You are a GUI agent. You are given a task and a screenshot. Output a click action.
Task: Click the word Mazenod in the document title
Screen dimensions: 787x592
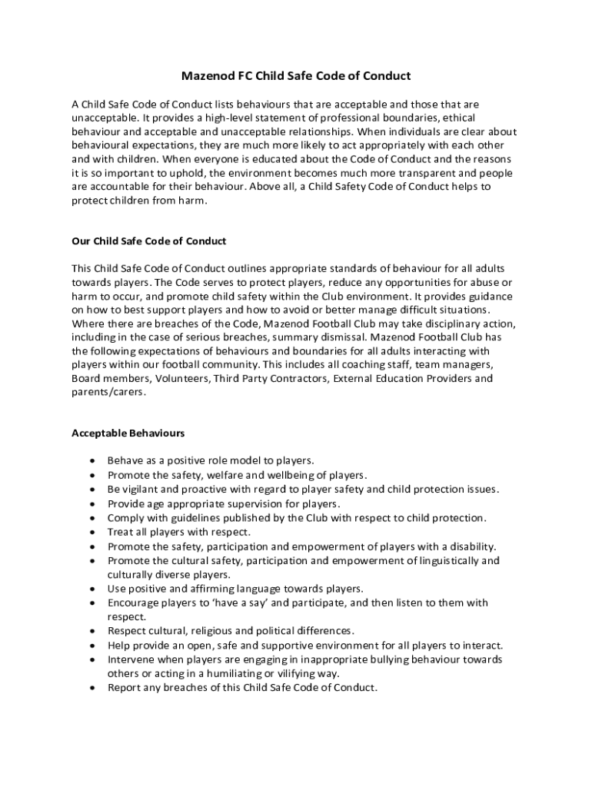click(208, 76)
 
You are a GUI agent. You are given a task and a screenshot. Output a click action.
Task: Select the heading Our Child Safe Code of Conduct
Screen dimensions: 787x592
click(148, 241)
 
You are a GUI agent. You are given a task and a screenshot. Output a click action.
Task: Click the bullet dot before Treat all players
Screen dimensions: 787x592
click(93, 532)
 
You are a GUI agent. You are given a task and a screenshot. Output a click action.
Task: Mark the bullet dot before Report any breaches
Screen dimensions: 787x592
click(93, 688)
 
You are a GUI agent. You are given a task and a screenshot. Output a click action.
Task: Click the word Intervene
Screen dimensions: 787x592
click(131, 659)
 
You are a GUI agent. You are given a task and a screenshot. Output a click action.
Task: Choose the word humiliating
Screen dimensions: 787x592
click(207, 673)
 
